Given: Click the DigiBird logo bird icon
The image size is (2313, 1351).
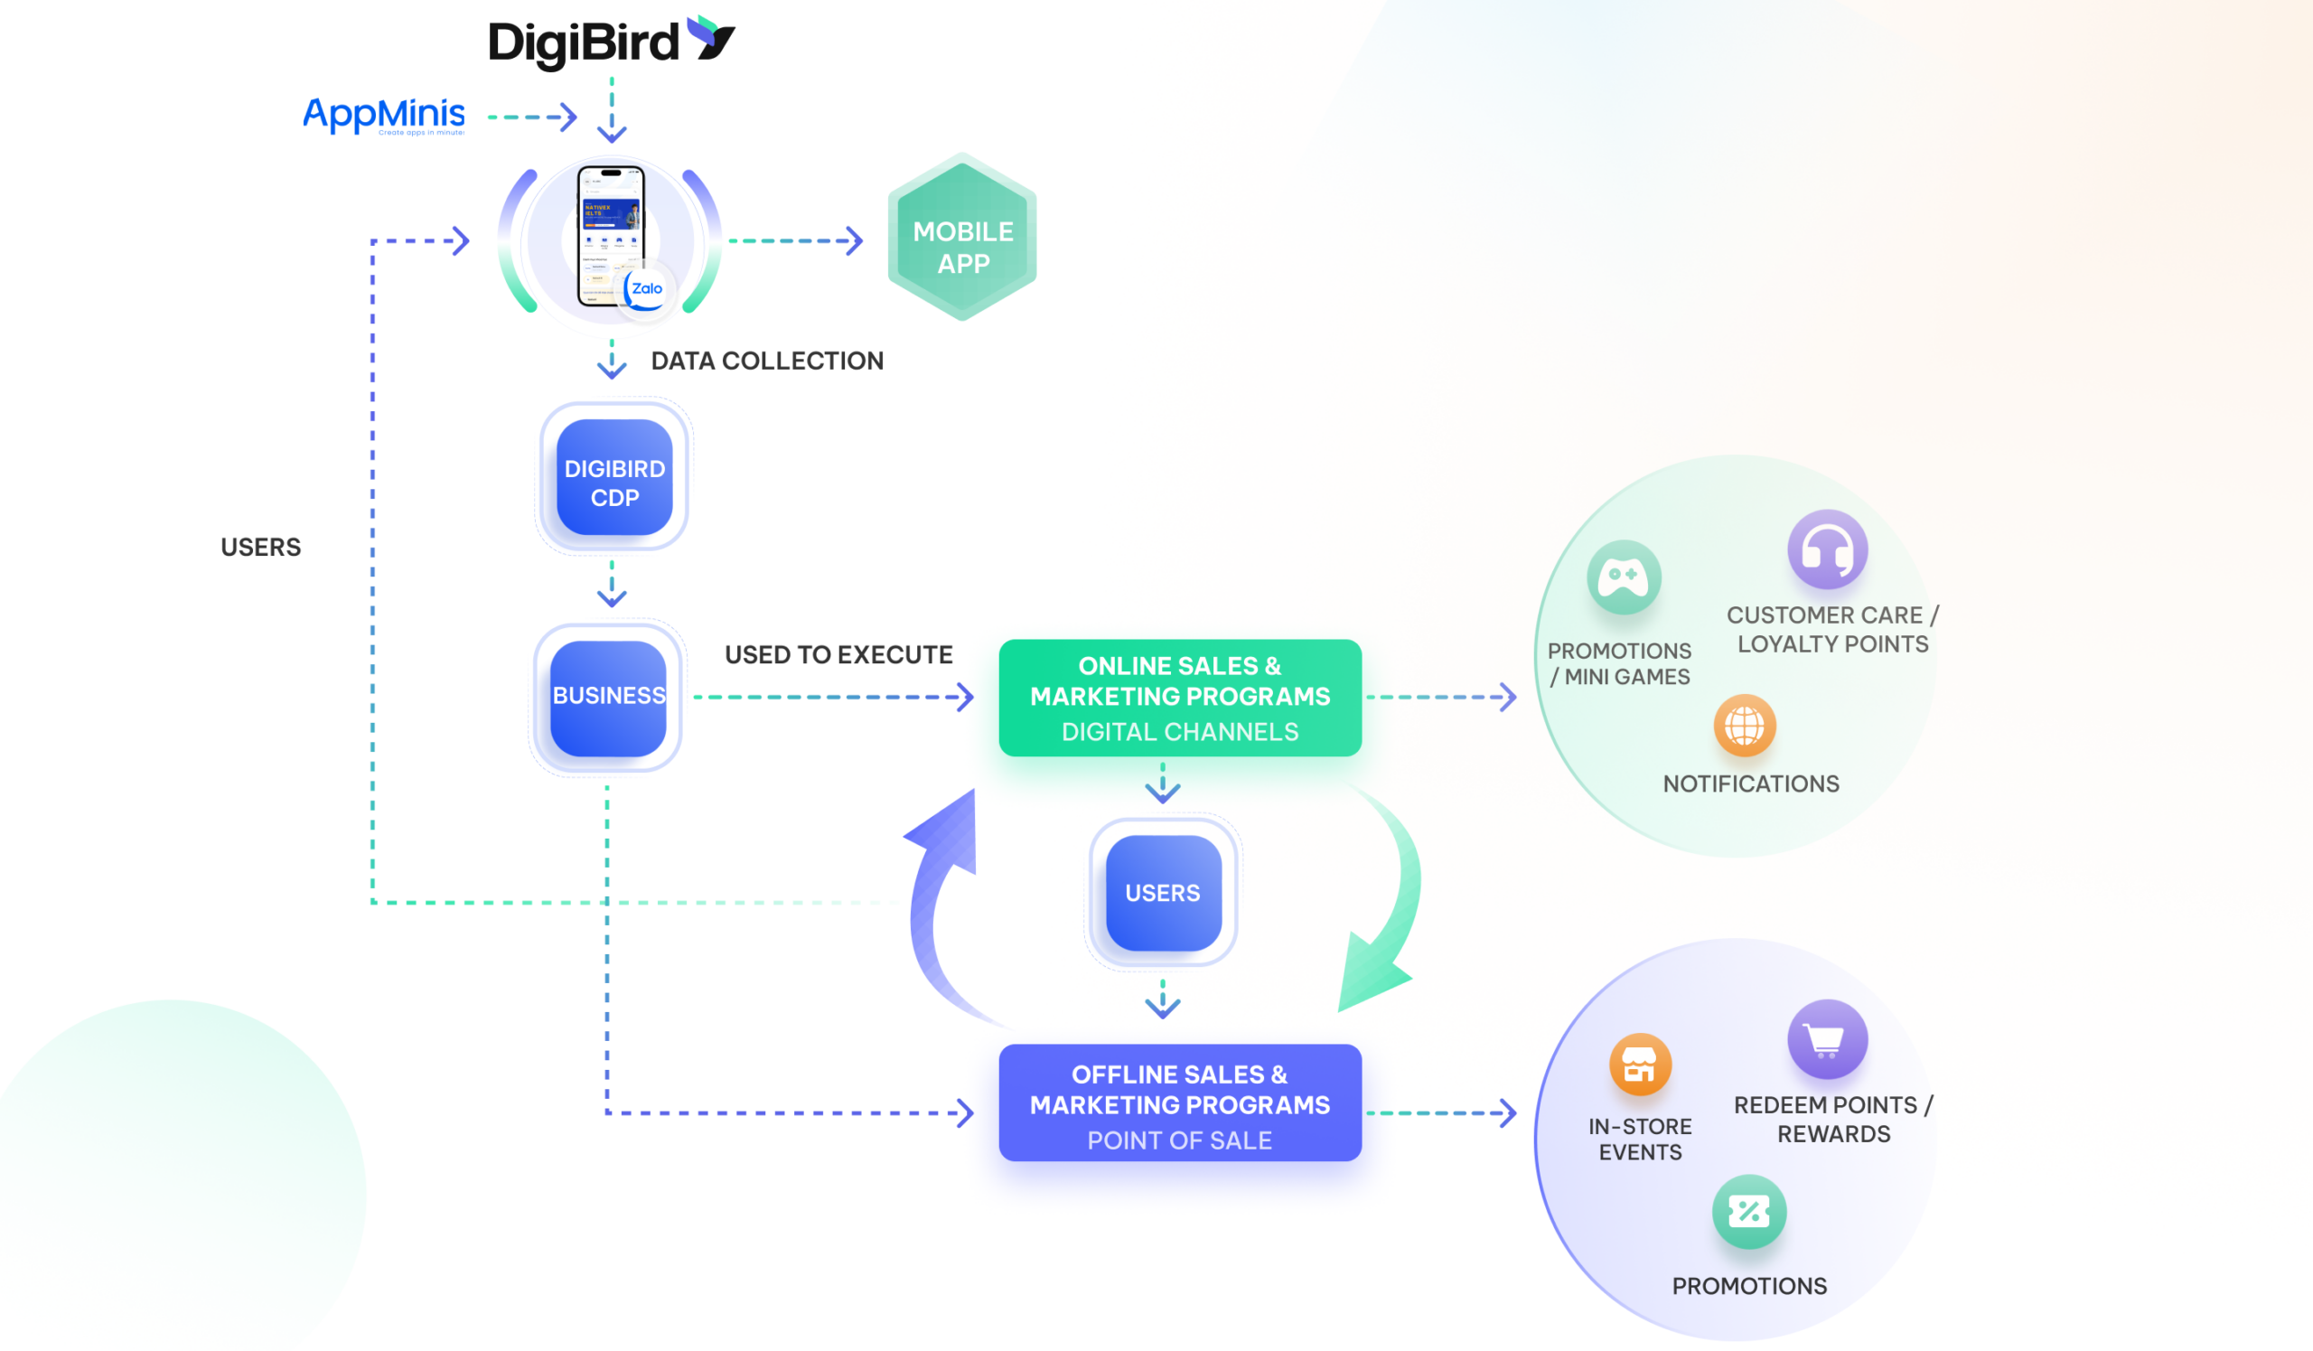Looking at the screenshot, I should pyautogui.click(x=712, y=39).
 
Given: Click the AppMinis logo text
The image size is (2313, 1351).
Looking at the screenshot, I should pyautogui.click(x=384, y=115).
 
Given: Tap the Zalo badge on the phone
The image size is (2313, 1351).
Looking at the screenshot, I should pyautogui.click(x=646, y=289).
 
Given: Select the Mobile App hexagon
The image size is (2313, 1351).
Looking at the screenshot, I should pyautogui.click(x=962, y=239).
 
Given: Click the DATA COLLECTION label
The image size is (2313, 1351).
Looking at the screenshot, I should pyautogui.click(x=766, y=361).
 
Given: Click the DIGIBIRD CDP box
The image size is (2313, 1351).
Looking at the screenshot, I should pyautogui.click(x=614, y=478).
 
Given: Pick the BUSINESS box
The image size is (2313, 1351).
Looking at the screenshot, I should pyautogui.click(x=608, y=698).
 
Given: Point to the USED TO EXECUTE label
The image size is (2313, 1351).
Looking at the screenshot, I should pyautogui.click(x=838, y=654).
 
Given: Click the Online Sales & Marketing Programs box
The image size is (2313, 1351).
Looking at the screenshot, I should pyautogui.click(x=1179, y=698).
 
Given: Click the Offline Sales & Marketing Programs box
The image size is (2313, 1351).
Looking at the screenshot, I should pyautogui.click(x=1179, y=1103).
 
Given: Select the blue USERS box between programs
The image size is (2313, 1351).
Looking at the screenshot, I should pyautogui.click(x=1163, y=892).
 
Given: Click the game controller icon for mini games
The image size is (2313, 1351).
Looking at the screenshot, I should pyautogui.click(x=1623, y=577).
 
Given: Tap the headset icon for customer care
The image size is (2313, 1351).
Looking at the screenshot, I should pyautogui.click(x=1827, y=549).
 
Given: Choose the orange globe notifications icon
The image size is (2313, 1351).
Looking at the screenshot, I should pyautogui.click(x=1744, y=725).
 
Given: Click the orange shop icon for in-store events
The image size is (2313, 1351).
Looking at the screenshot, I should pyautogui.click(x=1639, y=1065).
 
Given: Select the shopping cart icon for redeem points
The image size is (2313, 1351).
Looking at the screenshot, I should pyautogui.click(x=1827, y=1039).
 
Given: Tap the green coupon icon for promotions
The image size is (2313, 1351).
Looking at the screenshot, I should pyautogui.click(x=1748, y=1212).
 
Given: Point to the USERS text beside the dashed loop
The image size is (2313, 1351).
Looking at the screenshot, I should pyautogui.click(x=261, y=547).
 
